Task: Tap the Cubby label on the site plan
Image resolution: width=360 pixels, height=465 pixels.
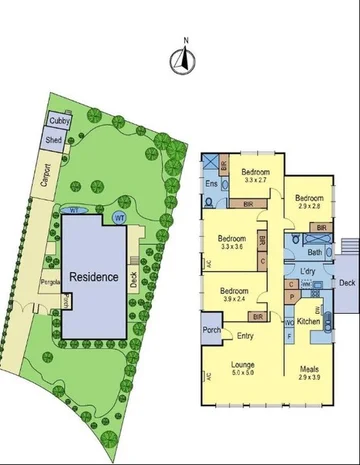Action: pos(58,121)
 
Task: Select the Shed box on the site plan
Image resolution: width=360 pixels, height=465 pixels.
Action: pos(54,141)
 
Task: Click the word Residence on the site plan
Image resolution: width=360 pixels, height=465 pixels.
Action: pos(95,277)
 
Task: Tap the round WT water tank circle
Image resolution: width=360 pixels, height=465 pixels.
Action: pos(120,217)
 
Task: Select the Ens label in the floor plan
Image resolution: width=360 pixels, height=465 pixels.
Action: pos(211,185)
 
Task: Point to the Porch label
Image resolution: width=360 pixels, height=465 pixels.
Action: pos(211,330)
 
